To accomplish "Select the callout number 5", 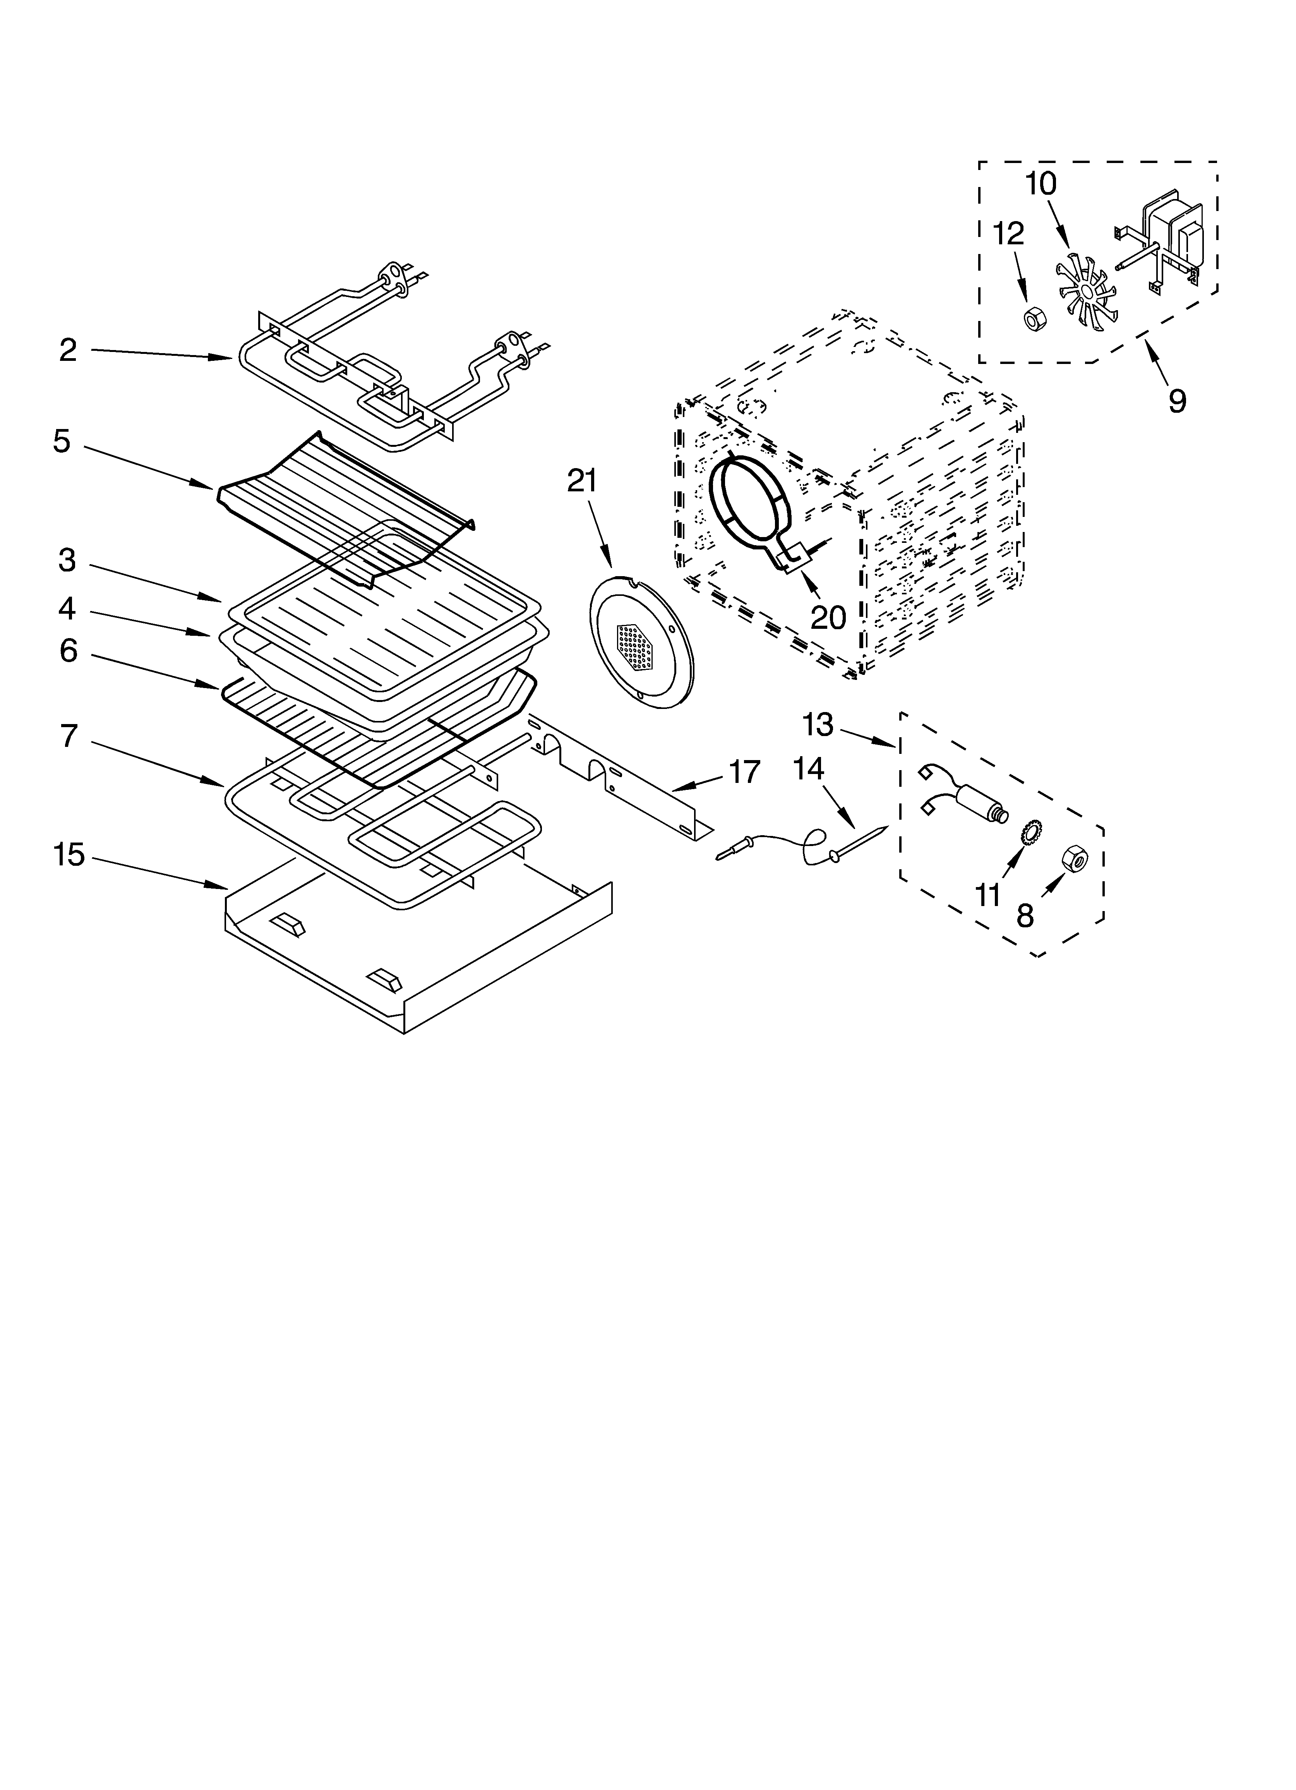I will pyautogui.click(x=62, y=441).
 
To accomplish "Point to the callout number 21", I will pyautogui.click(x=583, y=481).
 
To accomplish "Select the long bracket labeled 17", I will pyautogui.click(x=615, y=781).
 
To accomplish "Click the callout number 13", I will pyautogui.click(x=818, y=724).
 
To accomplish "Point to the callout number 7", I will pyautogui.click(x=69, y=736).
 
